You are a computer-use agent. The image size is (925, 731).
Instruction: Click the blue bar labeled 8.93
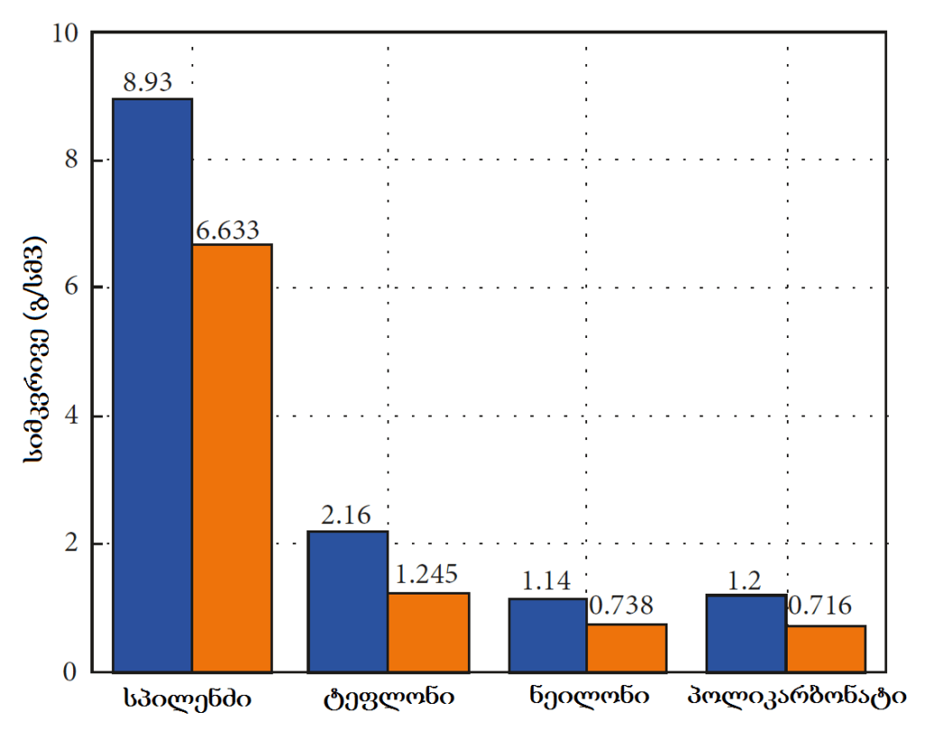pyautogui.click(x=153, y=385)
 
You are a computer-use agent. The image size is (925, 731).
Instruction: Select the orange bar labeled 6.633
pyautogui.click(x=232, y=458)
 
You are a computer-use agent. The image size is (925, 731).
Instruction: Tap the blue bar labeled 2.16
pyautogui.click(x=349, y=602)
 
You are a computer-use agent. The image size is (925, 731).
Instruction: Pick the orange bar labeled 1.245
pyautogui.click(x=429, y=633)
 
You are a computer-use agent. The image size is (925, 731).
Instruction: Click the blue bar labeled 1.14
pyautogui.click(x=547, y=635)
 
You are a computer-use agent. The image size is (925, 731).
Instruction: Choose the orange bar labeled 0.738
pyautogui.click(x=627, y=648)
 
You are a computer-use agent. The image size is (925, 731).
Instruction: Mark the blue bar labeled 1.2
pyautogui.click(x=746, y=633)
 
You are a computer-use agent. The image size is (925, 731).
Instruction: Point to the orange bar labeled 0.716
pyautogui.click(x=826, y=649)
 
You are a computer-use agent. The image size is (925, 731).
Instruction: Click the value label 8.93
pyautogui.click(x=148, y=82)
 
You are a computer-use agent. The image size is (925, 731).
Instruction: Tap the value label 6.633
pyautogui.click(x=228, y=230)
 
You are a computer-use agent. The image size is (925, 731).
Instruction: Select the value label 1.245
pyautogui.click(x=426, y=575)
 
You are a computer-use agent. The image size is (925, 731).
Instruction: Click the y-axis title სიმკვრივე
pyautogui.click(x=34, y=352)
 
